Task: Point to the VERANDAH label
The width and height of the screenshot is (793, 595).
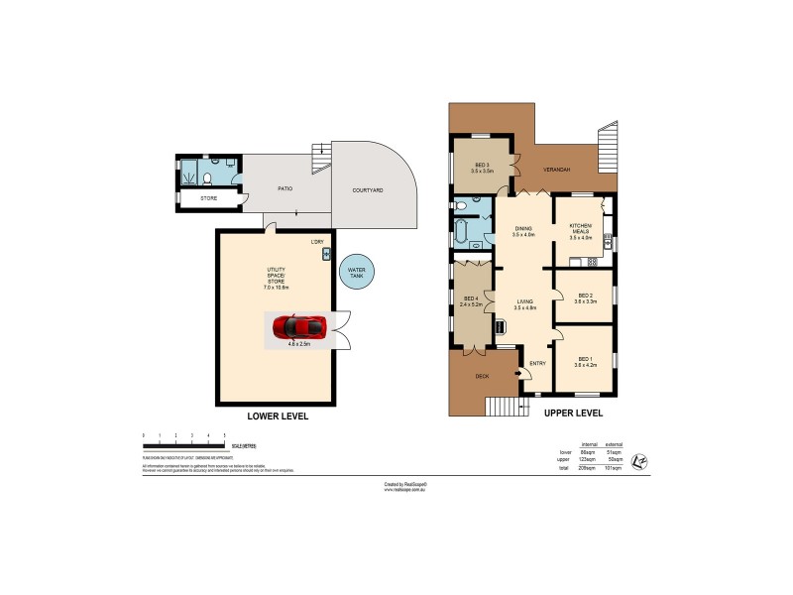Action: click(x=556, y=170)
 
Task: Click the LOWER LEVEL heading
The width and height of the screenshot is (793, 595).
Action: click(x=278, y=416)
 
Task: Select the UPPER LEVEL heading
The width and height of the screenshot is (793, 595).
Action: click(x=573, y=412)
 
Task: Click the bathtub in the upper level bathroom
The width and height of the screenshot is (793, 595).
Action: click(x=462, y=234)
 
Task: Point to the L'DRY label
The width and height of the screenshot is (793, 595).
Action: click(x=317, y=242)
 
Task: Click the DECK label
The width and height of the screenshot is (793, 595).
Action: click(x=482, y=377)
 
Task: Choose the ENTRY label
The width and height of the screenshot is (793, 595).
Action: click(x=538, y=363)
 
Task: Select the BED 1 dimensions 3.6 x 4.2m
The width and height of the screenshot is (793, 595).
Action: click(x=583, y=366)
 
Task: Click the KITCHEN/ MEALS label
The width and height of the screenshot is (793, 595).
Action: click(x=580, y=230)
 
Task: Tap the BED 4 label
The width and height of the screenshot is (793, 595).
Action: click(x=472, y=298)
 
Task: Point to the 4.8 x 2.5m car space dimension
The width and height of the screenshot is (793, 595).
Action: click(x=299, y=344)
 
